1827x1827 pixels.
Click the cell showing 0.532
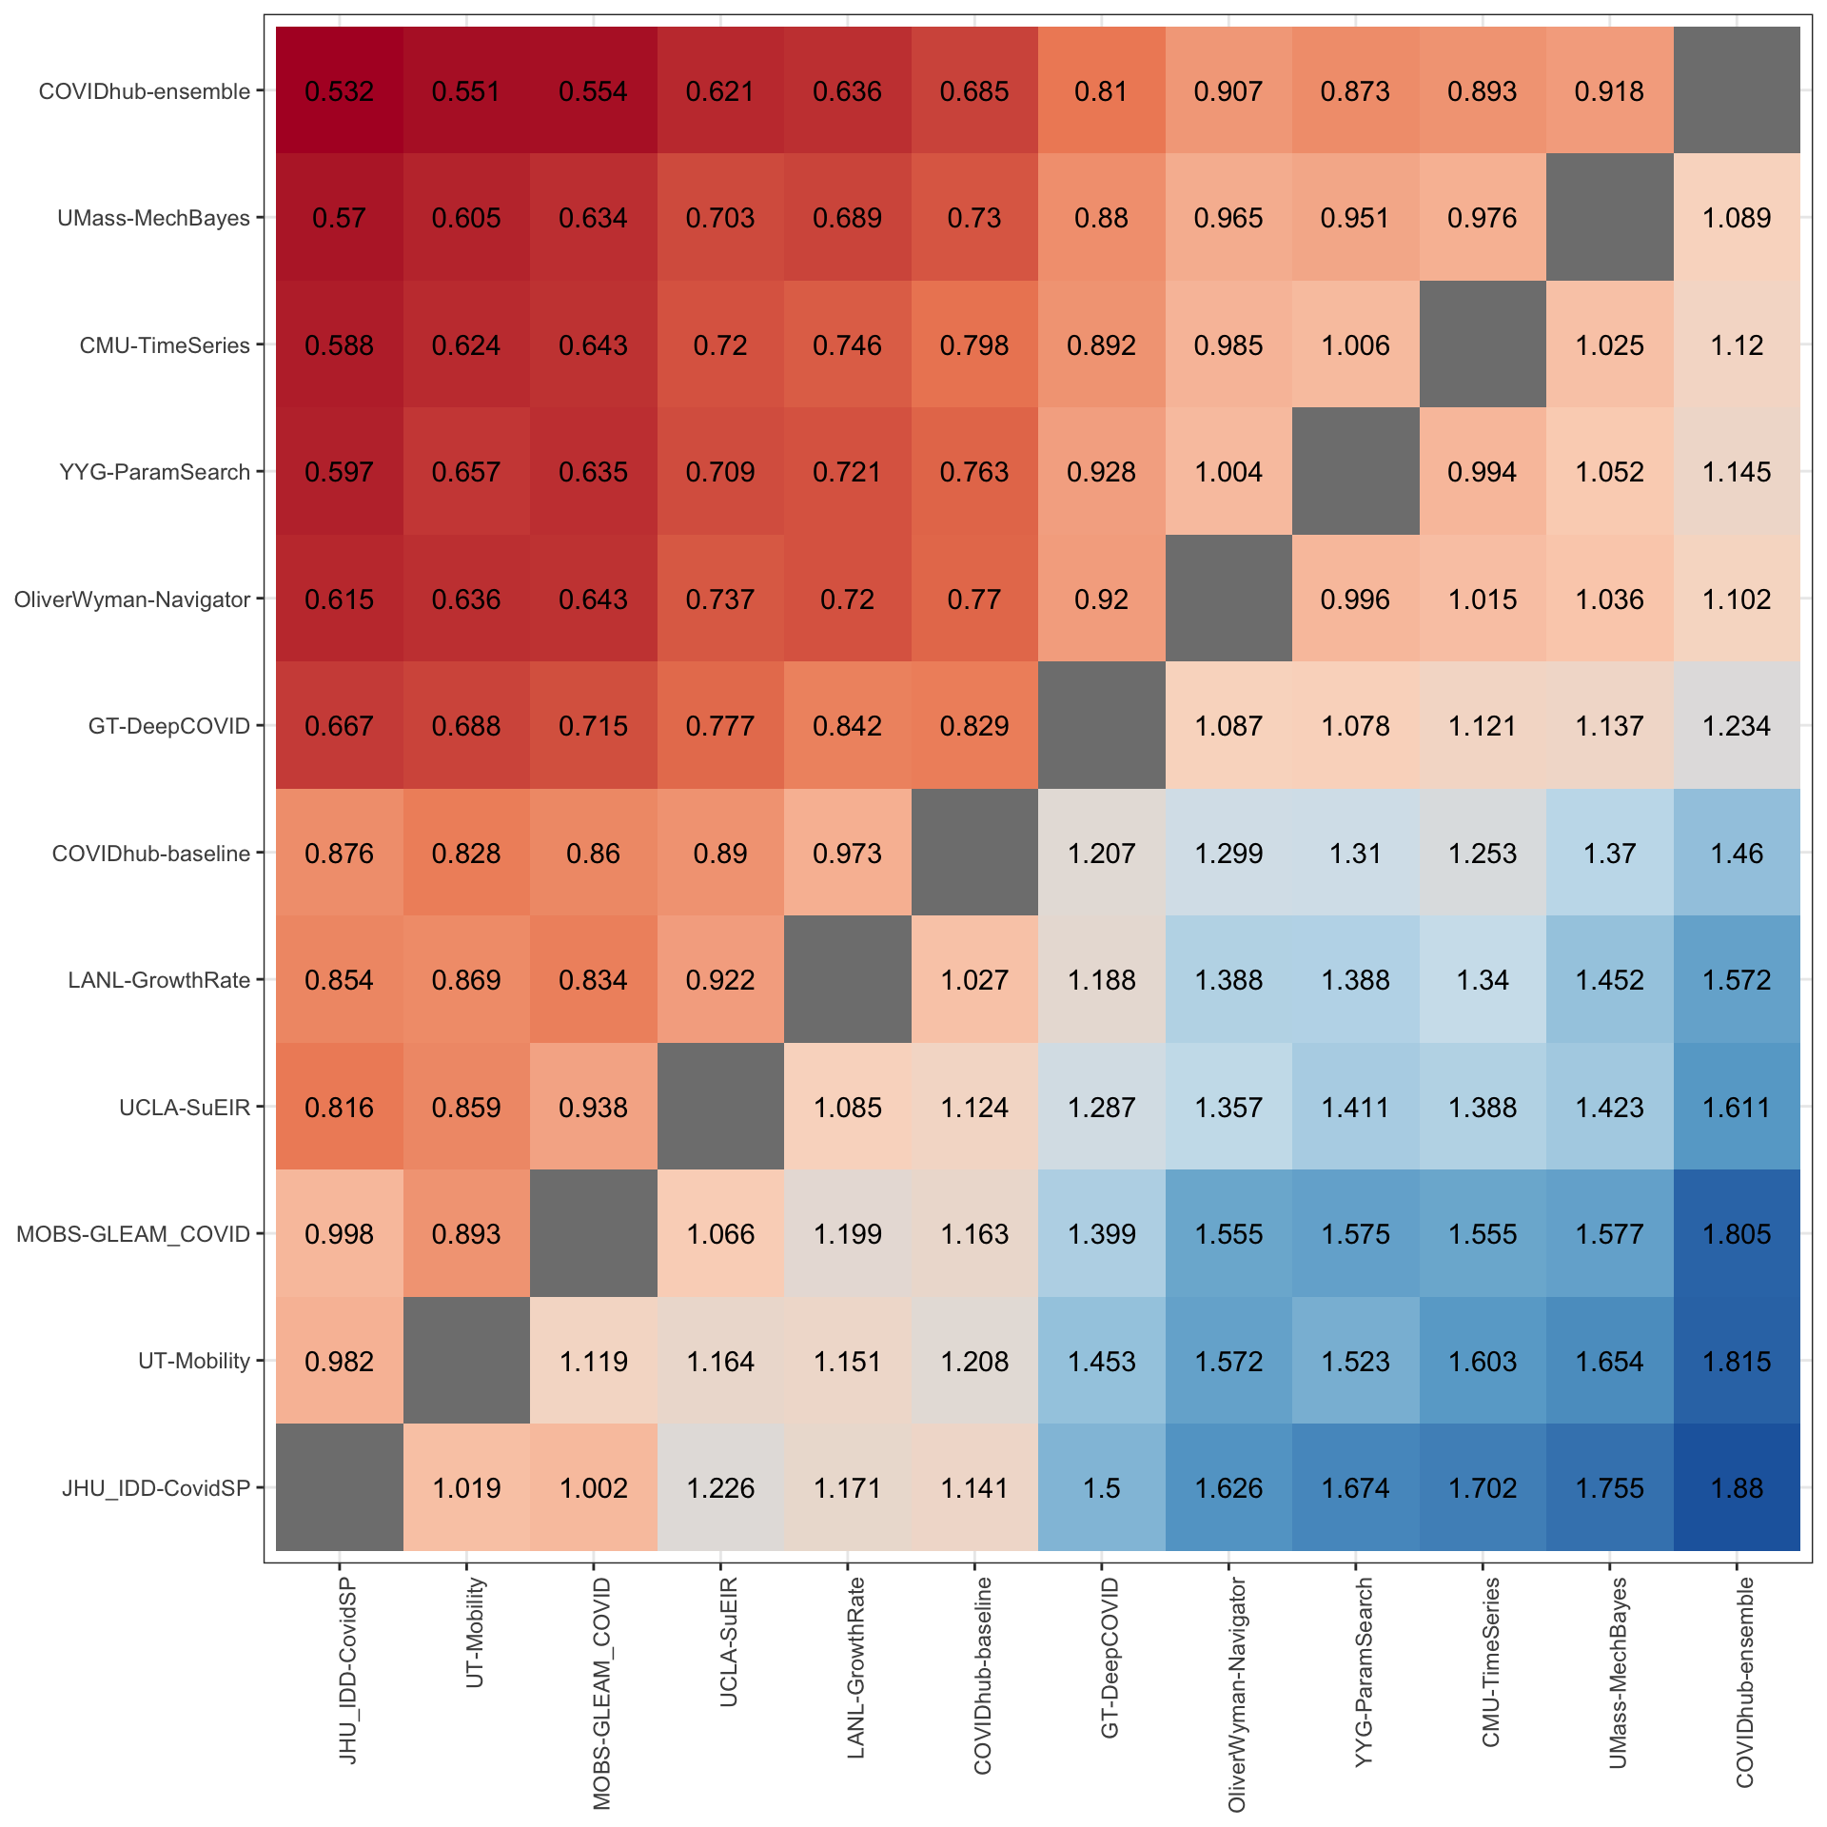point(340,91)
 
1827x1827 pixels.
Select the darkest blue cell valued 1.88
point(1737,1487)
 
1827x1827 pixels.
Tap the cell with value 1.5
point(1102,1487)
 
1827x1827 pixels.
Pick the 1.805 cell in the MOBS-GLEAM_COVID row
point(1737,1234)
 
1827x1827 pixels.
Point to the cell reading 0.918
point(1610,91)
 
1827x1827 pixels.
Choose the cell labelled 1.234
point(1737,726)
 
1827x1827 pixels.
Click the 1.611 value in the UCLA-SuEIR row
point(1737,1107)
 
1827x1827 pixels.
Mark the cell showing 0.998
point(340,1234)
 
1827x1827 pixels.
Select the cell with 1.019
point(466,1487)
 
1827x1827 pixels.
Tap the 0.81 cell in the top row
point(1102,91)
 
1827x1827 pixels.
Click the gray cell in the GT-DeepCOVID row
point(1102,726)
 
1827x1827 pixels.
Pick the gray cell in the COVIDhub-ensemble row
point(1737,91)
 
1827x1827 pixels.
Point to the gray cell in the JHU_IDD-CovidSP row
point(340,1487)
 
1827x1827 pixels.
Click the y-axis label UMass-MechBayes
point(153,218)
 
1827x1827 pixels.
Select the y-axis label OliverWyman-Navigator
point(132,599)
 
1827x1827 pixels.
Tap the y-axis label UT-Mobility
point(194,1361)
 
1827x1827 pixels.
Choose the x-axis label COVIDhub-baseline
point(983,1675)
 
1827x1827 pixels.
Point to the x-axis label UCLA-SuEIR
point(729,1641)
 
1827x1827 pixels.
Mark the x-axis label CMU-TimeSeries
point(1491,1661)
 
